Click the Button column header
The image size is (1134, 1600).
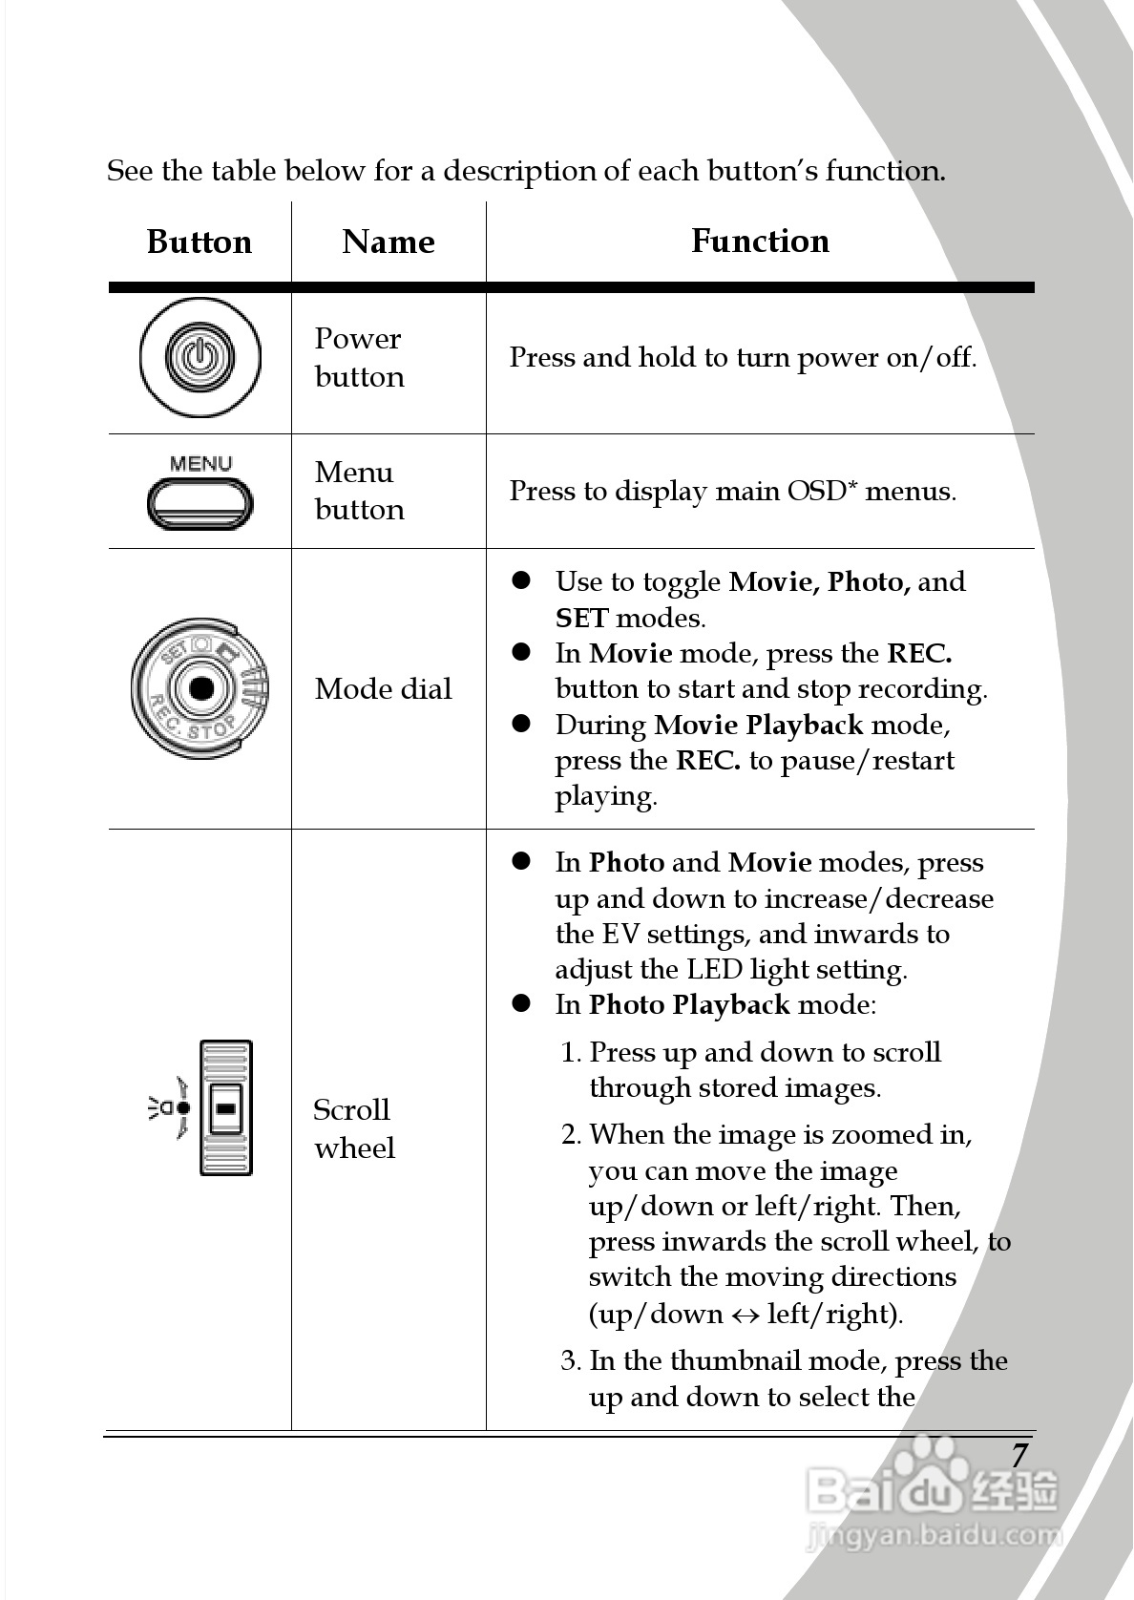coord(199,242)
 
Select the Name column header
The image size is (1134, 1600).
coord(388,242)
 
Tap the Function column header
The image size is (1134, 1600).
coord(760,242)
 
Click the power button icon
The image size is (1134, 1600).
coord(199,358)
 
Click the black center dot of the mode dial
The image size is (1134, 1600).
coord(201,688)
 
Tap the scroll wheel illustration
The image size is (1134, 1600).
coord(226,1107)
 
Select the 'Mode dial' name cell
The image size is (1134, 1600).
coord(383,689)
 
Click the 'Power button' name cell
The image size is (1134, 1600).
coord(359,358)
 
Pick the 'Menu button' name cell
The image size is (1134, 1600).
coord(359,491)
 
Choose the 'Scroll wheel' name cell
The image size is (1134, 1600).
coord(353,1128)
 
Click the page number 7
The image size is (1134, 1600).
coord(1019,1455)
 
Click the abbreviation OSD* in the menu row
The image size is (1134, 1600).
coord(821,491)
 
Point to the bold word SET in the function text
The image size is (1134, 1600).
coord(581,619)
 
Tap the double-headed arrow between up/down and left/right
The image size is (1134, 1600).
coord(745,1315)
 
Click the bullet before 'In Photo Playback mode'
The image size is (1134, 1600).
coord(521,1004)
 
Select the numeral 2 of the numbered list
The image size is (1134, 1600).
coord(570,1135)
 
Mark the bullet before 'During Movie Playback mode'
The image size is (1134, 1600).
coord(521,725)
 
